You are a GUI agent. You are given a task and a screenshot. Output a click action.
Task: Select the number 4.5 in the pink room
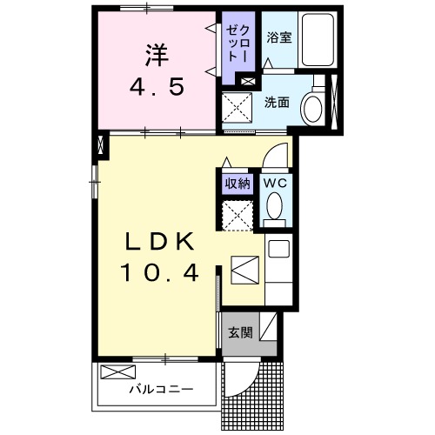pos(157,87)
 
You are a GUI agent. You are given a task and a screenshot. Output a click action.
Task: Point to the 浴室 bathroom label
pos(278,37)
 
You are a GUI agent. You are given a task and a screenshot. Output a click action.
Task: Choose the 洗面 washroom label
pos(278,101)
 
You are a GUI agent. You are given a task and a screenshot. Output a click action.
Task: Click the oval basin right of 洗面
pos(311,108)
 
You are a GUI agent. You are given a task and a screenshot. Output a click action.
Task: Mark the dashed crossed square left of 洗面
pos(238,108)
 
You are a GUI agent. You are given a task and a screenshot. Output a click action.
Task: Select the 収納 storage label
pos(238,184)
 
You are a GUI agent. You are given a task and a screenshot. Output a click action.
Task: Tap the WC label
pos(275,183)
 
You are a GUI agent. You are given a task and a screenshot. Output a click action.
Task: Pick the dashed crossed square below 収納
pos(237,215)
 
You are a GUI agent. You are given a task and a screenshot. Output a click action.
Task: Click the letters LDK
pos(158,242)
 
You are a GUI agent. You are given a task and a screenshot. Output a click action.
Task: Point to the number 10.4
pos(158,274)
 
